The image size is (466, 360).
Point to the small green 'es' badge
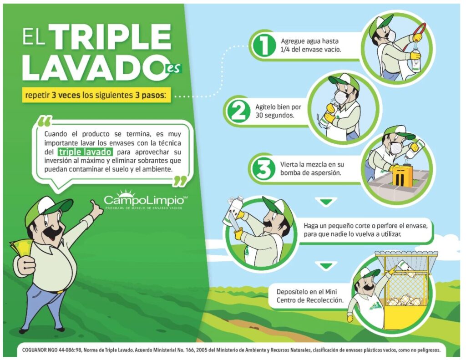click(173, 68)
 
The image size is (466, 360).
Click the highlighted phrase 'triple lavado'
click(85, 152)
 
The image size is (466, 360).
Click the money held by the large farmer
click(21, 248)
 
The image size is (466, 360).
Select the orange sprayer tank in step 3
click(402, 176)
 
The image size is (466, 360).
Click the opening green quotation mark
click(45, 121)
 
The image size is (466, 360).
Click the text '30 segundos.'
click(274, 115)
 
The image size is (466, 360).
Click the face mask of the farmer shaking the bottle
click(339, 96)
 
